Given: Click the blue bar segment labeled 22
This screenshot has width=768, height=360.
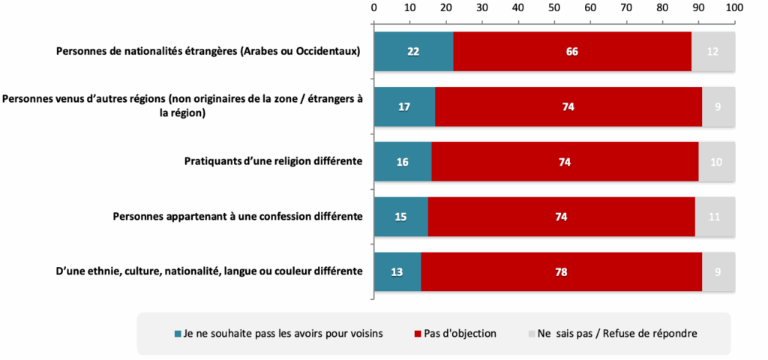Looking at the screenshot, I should (x=413, y=52).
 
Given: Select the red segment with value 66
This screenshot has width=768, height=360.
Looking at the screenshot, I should (x=572, y=52).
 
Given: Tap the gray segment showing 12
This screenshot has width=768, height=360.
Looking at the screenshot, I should (x=712, y=52).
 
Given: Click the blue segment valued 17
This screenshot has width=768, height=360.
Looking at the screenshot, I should (x=404, y=106).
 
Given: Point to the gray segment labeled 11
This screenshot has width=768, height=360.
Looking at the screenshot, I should (x=714, y=217).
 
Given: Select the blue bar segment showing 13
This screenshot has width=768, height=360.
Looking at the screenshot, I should (x=397, y=271).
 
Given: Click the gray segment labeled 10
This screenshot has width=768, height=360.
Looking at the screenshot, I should (x=716, y=161).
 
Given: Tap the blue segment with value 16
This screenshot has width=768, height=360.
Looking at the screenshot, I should (x=403, y=161).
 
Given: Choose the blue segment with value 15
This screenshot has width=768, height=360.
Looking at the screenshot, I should (x=401, y=217).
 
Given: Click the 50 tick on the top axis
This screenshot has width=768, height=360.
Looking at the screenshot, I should (x=554, y=7).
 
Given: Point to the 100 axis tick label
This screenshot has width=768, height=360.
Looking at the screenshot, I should (x=733, y=7).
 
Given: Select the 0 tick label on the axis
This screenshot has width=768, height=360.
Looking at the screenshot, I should (x=374, y=7).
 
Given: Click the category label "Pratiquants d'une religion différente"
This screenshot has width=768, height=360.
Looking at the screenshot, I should (x=274, y=161).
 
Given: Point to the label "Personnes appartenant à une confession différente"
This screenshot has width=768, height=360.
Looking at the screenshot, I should (x=238, y=217).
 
